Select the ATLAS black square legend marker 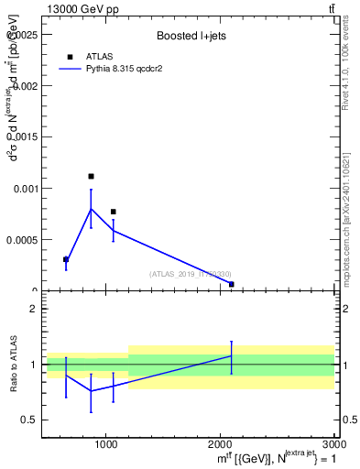tap(70, 57)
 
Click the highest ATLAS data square tap(91, 176)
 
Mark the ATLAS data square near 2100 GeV tap(231, 284)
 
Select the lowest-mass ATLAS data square tap(66, 259)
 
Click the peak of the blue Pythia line tap(91, 209)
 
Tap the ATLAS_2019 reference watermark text tap(191, 274)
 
